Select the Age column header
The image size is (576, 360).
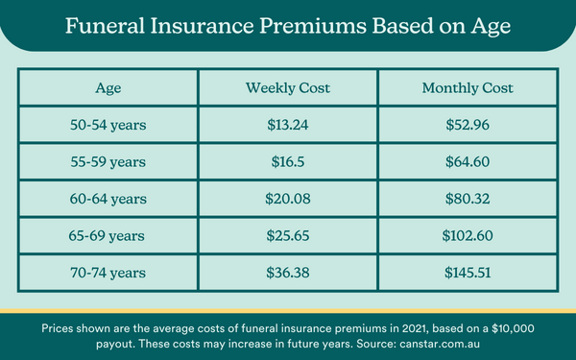click(108, 88)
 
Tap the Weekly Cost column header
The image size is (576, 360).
click(287, 88)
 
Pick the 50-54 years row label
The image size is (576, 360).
click(108, 126)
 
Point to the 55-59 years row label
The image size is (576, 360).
click(108, 163)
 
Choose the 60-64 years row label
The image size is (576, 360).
click(108, 200)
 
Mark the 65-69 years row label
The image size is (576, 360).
click(108, 236)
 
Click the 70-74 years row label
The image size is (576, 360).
click(108, 273)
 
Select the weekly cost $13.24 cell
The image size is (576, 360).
click(287, 126)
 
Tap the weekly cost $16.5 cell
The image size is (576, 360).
click(287, 163)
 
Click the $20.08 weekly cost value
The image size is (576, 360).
click(287, 200)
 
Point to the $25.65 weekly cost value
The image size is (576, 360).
click(287, 236)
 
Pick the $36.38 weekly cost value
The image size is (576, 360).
click(287, 273)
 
